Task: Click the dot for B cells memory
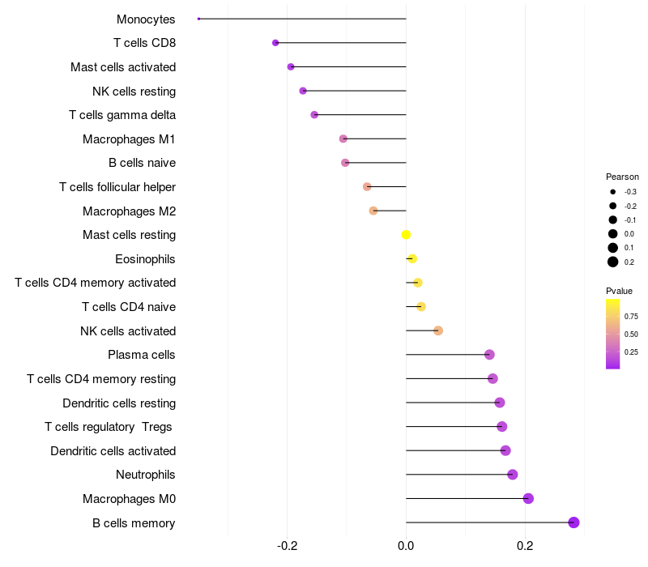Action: point(573,522)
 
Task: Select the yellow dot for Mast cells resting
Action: point(406,235)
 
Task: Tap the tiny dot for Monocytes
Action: point(198,19)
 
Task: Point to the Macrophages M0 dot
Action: point(528,498)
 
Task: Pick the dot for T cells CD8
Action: point(275,43)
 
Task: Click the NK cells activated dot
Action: point(438,330)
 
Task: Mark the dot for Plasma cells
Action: point(489,355)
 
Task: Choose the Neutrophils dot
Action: point(512,475)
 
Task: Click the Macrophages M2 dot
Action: point(373,211)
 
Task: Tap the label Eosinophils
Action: point(145,259)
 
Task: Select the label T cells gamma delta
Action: point(122,115)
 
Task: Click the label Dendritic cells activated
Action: point(113,450)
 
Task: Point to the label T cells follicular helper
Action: point(117,187)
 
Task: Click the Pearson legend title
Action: point(622,177)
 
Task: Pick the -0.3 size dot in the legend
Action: point(613,192)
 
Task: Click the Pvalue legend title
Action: point(619,291)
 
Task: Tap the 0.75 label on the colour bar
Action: point(632,317)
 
